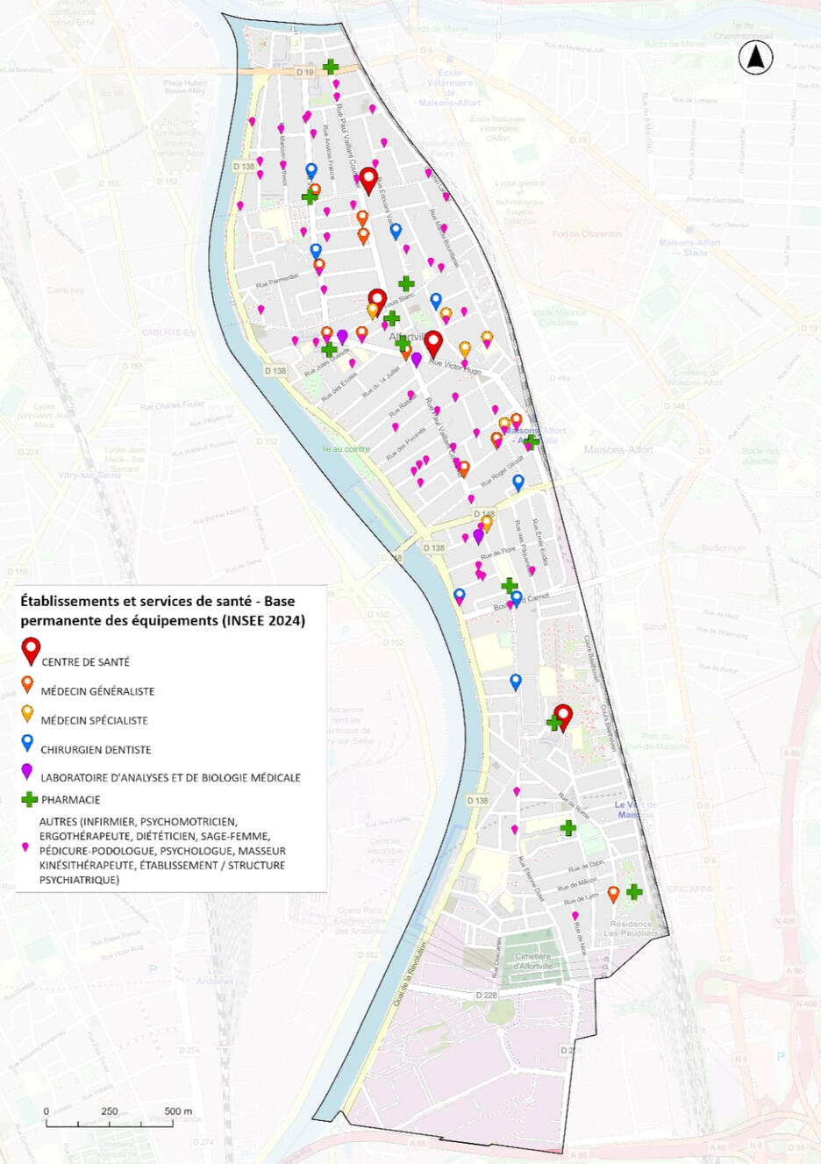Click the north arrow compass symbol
click(755, 58)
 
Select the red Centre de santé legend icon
click(32, 650)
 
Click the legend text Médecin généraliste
click(97, 691)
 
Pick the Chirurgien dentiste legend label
click(96, 750)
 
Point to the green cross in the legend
click(29, 799)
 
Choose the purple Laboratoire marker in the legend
click(27, 772)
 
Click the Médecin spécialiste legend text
click(94, 721)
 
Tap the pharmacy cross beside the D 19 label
click(331, 66)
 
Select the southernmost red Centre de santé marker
click(563, 716)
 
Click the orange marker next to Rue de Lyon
click(613, 893)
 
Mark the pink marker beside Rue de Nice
click(575, 915)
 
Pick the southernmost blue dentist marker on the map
click(516, 681)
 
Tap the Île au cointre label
click(346, 449)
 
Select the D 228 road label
click(487, 996)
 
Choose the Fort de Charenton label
click(588, 234)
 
